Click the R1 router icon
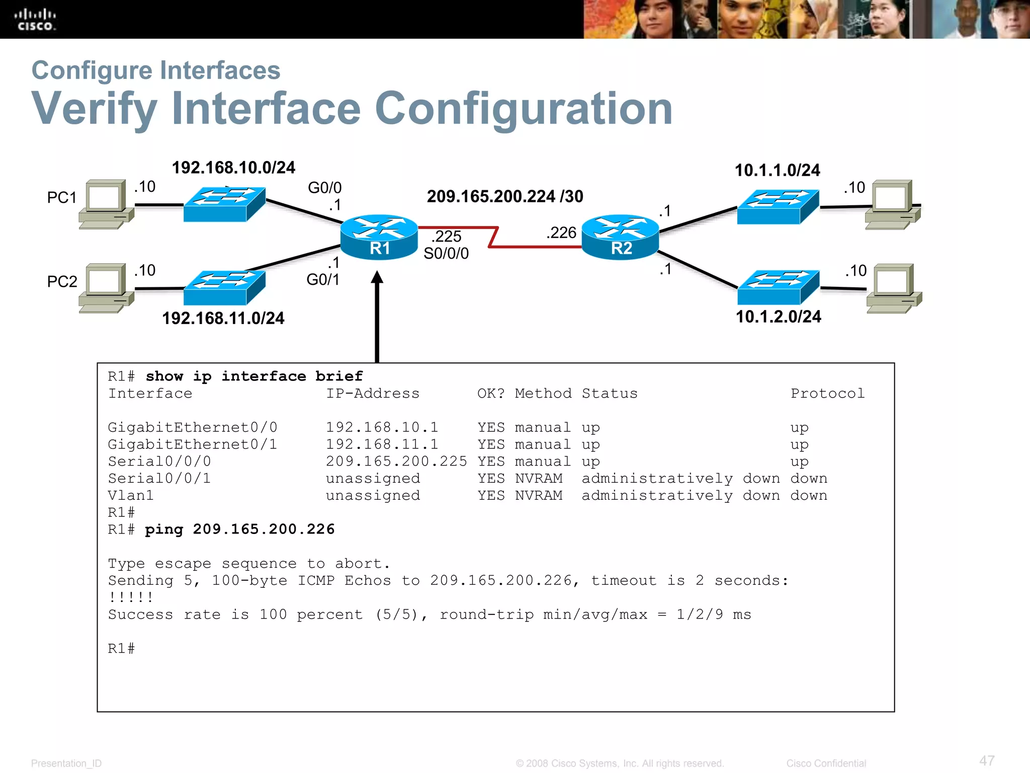pos(379,237)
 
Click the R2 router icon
pos(620,237)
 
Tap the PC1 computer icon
pos(106,204)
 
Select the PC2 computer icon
pos(106,287)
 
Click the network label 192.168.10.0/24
pos(233,168)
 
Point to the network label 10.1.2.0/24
pos(778,317)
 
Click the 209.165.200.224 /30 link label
pos(504,196)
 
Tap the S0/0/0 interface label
pos(446,253)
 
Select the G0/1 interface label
pos(323,279)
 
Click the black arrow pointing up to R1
pos(377,317)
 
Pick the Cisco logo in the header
pos(35,20)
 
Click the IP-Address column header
pos(373,394)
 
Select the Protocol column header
pos(827,394)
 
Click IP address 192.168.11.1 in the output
pos(382,444)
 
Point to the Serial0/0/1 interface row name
pos(159,478)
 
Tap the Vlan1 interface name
pos(131,495)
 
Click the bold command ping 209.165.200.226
pos(239,529)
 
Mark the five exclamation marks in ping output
pos(131,597)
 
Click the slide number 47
pos(987,760)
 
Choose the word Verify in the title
pos(95,109)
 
